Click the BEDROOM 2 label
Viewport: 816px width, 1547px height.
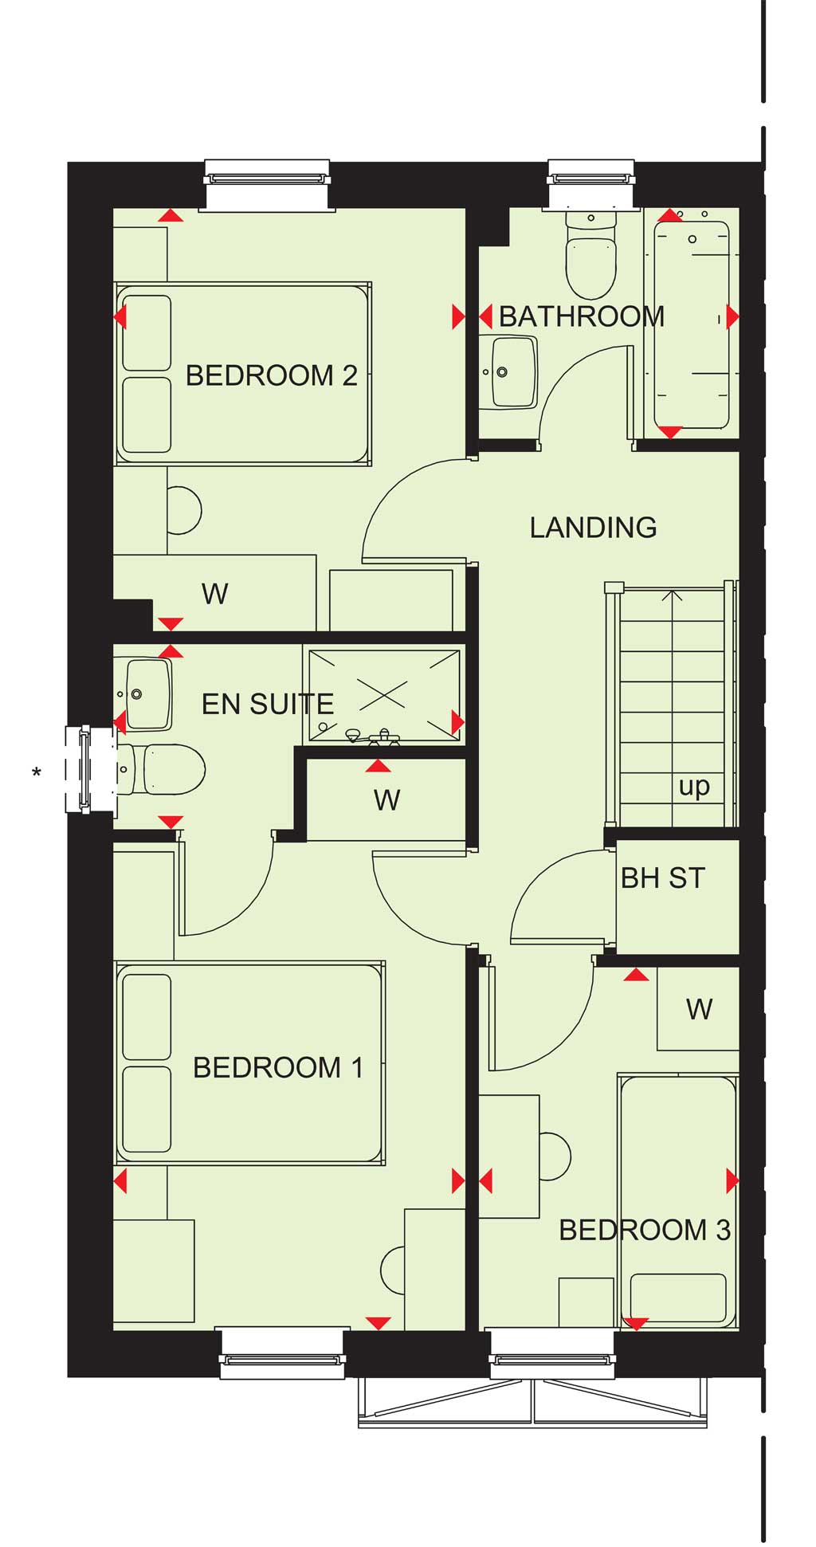(x=271, y=375)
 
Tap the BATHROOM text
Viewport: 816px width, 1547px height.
(x=582, y=316)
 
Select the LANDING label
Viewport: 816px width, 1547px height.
(x=594, y=528)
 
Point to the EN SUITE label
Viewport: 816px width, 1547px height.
(x=268, y=705)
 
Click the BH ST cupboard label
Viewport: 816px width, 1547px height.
(x=663, y=878)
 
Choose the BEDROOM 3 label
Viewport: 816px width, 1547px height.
(x=645, y=1231)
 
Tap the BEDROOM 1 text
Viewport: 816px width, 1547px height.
(x=278, y=1068)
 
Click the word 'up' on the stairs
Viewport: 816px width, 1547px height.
(x=694, y=787)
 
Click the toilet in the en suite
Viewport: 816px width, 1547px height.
(x=162, y=770)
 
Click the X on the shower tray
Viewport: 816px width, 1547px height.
(x=383, y=694)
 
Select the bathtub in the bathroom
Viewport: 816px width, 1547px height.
(x=692, y=325)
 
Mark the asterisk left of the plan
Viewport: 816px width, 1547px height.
(x=37, y=772)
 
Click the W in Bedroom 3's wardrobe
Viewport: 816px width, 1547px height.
(x=699, y=1010)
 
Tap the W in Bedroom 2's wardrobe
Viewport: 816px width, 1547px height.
(x=215, y=594)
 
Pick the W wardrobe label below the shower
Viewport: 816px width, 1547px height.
(x=387, y=800)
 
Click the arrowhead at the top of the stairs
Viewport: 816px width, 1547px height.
(x=673, y=595)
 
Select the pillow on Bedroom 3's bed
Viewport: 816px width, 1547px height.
(x=678, y=1299)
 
